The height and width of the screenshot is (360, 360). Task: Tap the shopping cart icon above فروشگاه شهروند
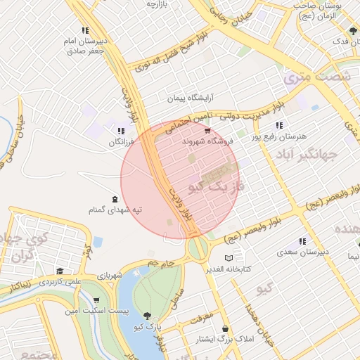207,131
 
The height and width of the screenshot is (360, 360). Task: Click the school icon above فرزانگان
121,131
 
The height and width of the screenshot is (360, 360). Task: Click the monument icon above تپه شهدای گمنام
115,199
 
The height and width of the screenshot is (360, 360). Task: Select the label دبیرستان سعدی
302,251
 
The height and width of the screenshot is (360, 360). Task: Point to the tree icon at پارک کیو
147,316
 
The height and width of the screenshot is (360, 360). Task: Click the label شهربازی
110,274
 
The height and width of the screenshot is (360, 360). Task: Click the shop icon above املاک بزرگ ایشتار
225,329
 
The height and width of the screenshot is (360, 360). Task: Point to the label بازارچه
160,4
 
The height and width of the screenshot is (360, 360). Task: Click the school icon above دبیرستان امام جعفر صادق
85,30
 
